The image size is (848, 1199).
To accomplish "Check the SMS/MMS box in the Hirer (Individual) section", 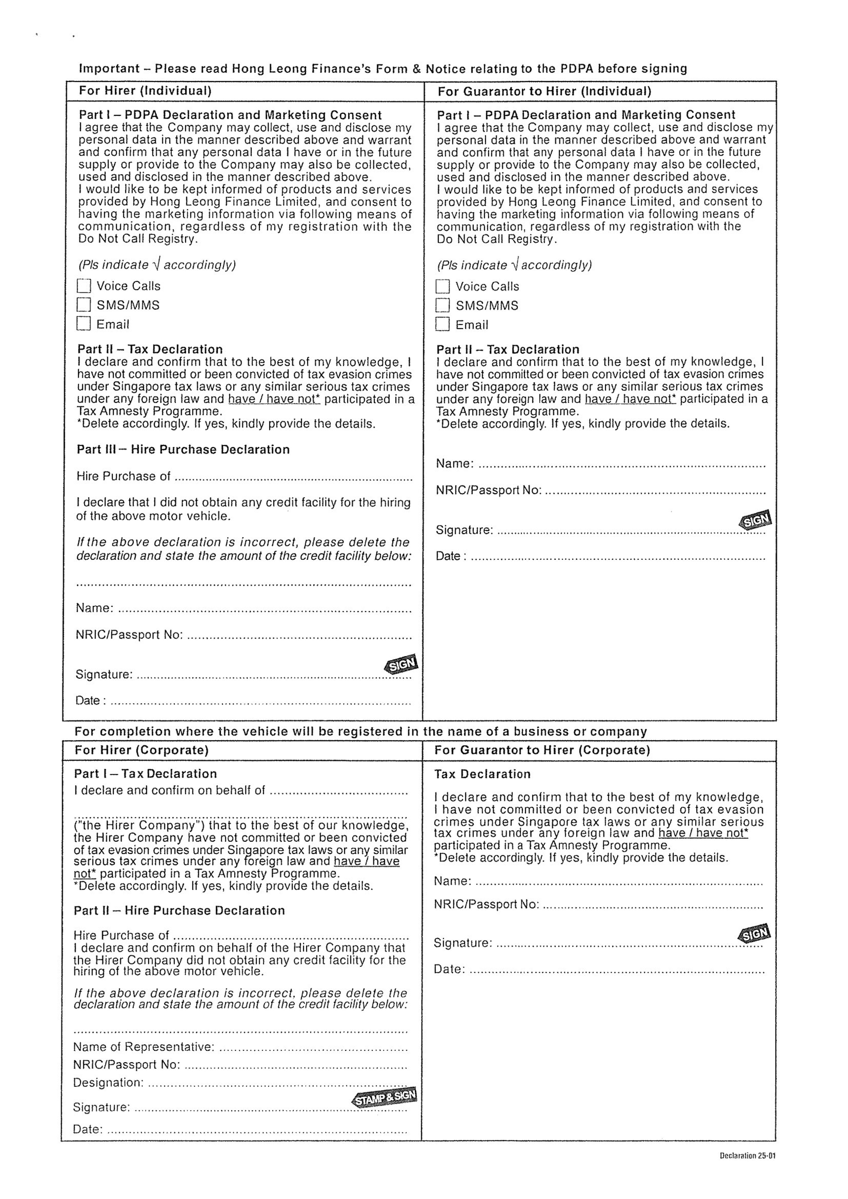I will click(x=83, y=305).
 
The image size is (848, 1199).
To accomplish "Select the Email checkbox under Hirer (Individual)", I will click(x=83, y=324).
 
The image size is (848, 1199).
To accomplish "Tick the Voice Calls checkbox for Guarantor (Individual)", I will click(x=442, y=286).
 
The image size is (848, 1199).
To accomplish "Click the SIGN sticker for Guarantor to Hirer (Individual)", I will click(x=755, y=520).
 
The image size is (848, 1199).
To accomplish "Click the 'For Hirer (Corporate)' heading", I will click(x=142, y=750).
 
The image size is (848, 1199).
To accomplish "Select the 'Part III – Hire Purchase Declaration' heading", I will click(x=183, y=450).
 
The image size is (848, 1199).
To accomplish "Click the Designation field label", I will click(x=107, y=1083).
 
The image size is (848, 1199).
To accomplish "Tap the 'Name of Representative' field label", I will click(x=144, y=1047).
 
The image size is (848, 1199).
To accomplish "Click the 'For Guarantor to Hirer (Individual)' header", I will click(x=544, y=91).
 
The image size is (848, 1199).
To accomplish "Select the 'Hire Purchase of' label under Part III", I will click(x=123, y=476).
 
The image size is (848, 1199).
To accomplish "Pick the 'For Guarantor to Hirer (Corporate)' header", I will click(x=542, y=750).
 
